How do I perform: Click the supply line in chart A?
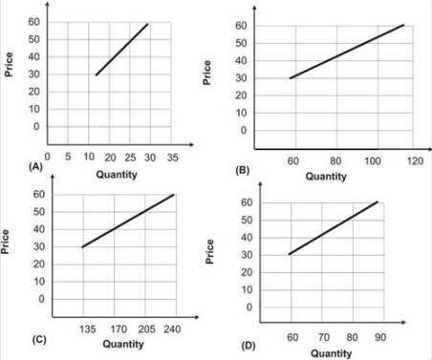coord(121,50)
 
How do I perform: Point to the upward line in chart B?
coord(347,52)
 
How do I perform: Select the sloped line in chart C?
coord(129,221)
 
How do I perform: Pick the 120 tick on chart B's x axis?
coord(414,160)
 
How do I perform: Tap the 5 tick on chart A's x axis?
coord(67,156)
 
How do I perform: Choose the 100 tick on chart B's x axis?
coord(374,160)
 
